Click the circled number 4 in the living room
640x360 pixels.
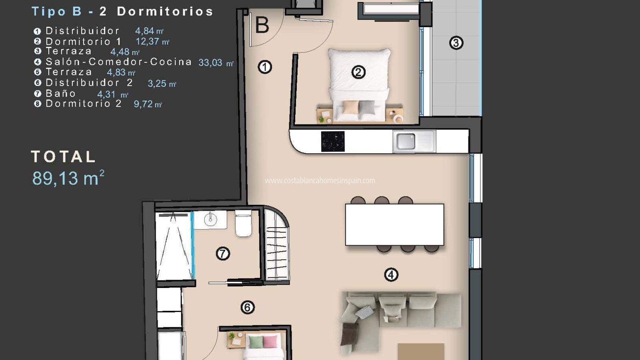coord(391,275)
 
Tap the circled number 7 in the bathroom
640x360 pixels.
coord(223,254)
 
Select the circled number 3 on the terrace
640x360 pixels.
coord(456,43)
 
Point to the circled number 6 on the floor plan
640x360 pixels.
coord(248,308)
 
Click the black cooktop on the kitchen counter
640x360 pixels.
coord(333,142)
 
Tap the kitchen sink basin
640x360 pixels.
coord(406,142)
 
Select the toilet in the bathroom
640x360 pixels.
coord(244,224)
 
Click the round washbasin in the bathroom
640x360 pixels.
coord(210,220)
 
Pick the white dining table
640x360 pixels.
coord(394,224)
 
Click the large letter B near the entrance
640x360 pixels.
coord(262,25)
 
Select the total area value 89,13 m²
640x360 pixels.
coord(68,178)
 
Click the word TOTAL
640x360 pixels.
coord(63,156)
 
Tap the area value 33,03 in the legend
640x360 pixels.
coord(210,62)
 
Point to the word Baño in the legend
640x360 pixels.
coord(61,94)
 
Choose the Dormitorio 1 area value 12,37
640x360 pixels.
coord(148,42)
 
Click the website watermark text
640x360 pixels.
coord(320,180)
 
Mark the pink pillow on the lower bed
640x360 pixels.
coord(270,342)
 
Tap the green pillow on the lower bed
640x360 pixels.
coord(256,342)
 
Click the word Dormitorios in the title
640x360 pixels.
coord(165,12)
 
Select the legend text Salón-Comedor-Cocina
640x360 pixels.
coord(118,62)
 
